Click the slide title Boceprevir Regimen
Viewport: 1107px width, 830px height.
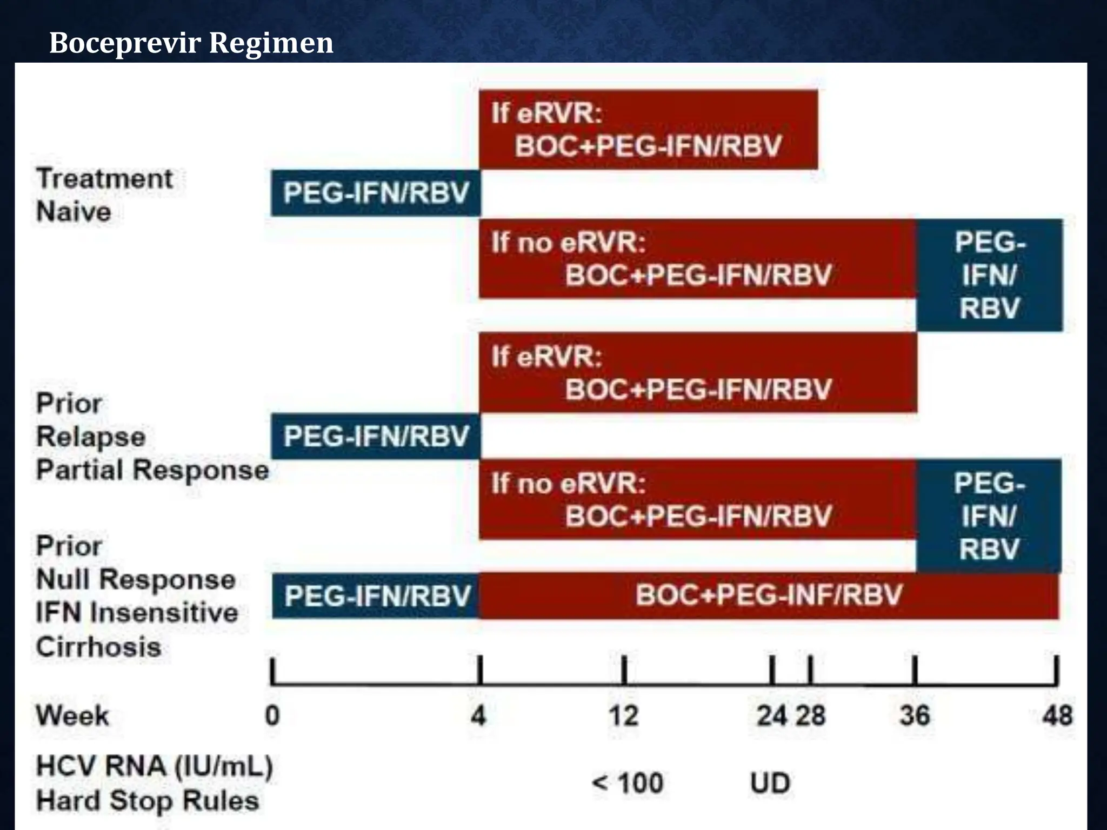click(x=191, y=43)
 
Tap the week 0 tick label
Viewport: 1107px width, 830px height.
click(x=272, y=715)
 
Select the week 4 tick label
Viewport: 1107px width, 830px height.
click(x=478, y=715)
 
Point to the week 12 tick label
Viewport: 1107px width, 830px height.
click(x=624, y=715)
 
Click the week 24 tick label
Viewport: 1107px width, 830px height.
click(x=771, y=715)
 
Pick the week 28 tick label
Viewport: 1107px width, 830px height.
click(x=810, y=715)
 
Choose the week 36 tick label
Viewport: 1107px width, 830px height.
click(x=915, y=715)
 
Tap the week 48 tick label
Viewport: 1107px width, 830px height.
click(x=1057, y=715)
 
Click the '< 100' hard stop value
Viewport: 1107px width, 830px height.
click(x=628, y=783)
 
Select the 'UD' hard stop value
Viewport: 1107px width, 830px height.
click(x=770, y=783)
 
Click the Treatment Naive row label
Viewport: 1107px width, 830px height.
click(x=104, y=195)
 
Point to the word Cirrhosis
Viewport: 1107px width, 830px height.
click(x=98, y=647)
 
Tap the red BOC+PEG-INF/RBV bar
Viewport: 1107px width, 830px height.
click(x=769, y=595)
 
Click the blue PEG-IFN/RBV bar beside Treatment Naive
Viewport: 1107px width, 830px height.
click(x=376, y=193)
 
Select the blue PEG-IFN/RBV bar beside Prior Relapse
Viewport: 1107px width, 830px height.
click(x=376, y=436)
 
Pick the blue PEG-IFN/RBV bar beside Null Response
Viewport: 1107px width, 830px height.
click(x=377, y=596)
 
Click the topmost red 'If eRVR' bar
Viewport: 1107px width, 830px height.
click(x=648, y=130)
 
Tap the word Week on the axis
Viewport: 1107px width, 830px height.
click(x=72, y=715)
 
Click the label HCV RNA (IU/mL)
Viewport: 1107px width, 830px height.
click(x=154, y=766)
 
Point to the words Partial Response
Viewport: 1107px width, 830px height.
click(x=152, y=470)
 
